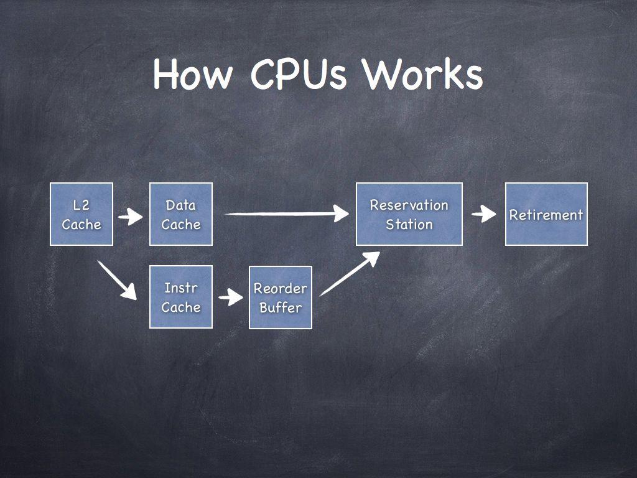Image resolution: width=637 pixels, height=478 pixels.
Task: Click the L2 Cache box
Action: [x=81, y=214]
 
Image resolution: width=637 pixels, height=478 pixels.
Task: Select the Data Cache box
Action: [x=181, y=214]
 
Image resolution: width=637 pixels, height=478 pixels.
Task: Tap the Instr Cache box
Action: [x=181, y=297]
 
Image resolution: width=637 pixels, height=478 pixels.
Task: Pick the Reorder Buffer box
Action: [x=281, y=298]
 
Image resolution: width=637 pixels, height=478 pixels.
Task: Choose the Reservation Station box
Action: [x=409, y=214]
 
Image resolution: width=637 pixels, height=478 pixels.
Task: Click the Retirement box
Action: [x=546, y=214]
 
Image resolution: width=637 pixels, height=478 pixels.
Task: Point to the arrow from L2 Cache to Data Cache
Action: [x=131, y=217]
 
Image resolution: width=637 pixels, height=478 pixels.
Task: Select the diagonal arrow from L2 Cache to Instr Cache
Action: [x=117, y=279]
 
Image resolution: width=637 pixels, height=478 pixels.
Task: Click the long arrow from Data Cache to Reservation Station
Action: [x=286, y=213]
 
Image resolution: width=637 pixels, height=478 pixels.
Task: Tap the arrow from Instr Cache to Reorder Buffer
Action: [x=231, y=297]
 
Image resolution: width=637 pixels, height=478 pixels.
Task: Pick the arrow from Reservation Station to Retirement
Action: [x=484, y=215]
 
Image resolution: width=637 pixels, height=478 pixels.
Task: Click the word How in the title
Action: [x=193, y=75]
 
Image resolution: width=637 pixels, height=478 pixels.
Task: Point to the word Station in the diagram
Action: [x=409, y=224]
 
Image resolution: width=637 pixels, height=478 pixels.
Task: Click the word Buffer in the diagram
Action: [x=281, y=307]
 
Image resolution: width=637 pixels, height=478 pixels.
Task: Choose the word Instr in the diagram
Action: [x=181, y=288]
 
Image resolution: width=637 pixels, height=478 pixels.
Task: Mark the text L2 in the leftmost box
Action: [x=81, y=205]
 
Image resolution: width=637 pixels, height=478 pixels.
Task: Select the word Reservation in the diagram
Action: [x=409, y=205]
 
